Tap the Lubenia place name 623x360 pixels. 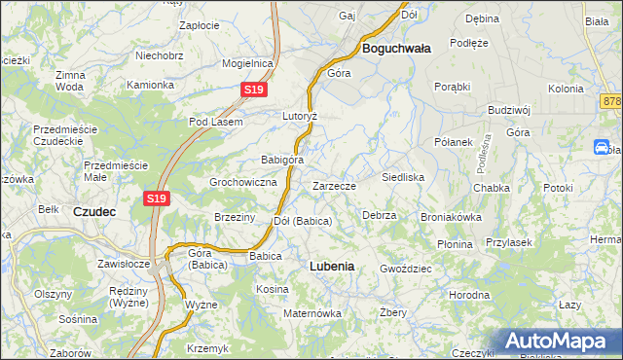(x=331, y=265)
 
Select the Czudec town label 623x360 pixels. (x=95, y=209)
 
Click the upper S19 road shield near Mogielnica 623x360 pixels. (x=253, y=90)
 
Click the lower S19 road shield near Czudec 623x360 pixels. (x=158, y=198)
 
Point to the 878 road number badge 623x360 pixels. (x=612, y=101)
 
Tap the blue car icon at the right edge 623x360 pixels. (x=601, y=147)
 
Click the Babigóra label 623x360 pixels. (x=282, y=160)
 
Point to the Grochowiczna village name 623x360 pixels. (x=244, y=182)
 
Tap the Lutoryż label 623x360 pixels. (x=301, y=115)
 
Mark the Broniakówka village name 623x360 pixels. (x=451, y=217)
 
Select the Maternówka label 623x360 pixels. (x=311, y=313)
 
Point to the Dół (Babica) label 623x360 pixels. (x=303, y=221)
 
